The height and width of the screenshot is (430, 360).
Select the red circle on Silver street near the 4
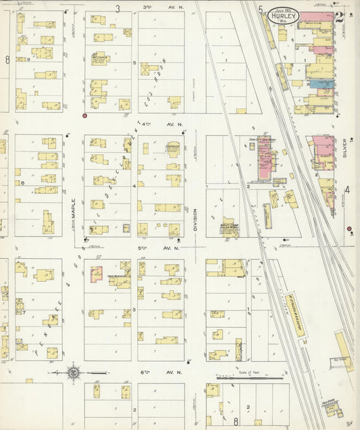(349, 229)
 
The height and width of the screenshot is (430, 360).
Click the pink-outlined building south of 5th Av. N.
(97, 274)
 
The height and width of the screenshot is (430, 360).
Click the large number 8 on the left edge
(7, 59)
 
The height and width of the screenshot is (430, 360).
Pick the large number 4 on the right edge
(348, 190)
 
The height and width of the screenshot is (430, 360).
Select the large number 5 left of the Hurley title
(260, 9)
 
